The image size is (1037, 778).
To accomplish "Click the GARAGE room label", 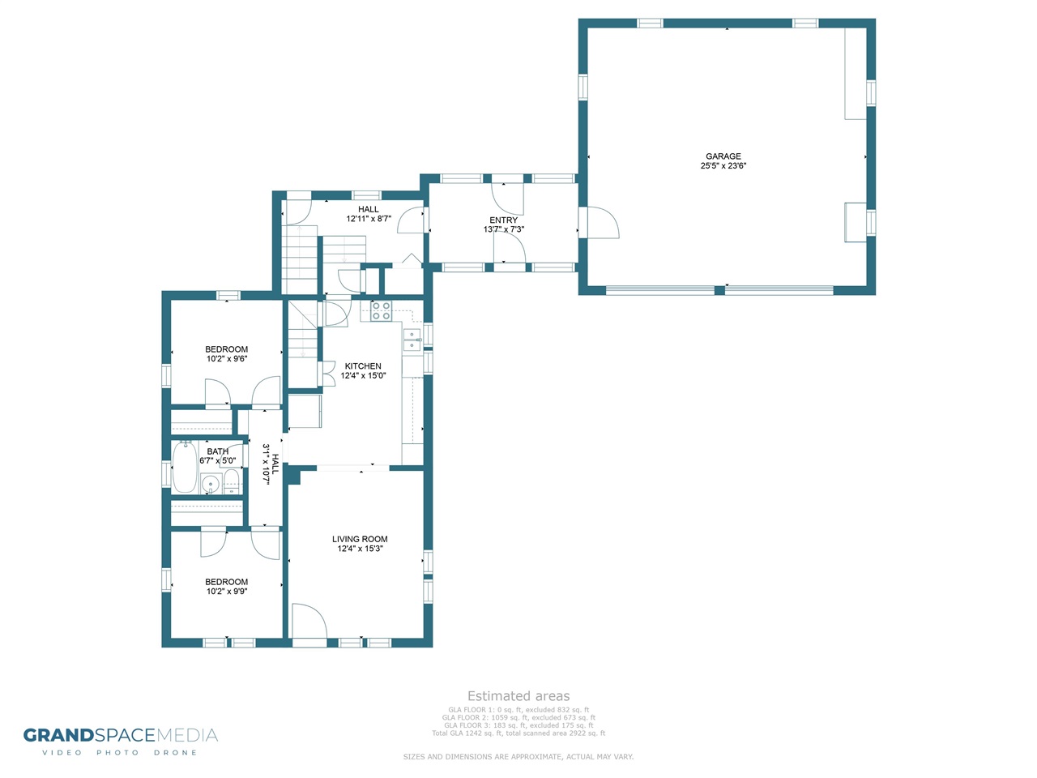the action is [x=723, y=156].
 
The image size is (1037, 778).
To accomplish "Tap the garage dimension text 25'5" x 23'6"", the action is [x=723, y=166].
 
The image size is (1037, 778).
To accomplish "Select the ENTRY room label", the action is [x=503, y=220].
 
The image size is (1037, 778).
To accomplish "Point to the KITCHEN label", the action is [x=363, y=366].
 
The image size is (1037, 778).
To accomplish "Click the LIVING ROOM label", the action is [x=360, y=539].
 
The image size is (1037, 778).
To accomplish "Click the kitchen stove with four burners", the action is [x=381, y=311].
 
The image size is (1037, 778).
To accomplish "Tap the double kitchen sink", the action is [x=412, y=340].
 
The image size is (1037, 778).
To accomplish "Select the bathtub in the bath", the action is [x=184, y=467].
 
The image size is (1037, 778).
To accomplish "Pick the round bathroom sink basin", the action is [x=209, y=484].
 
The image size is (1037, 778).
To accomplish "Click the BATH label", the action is [x=217, y=451].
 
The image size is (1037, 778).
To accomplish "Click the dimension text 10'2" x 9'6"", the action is [x=227, y=358].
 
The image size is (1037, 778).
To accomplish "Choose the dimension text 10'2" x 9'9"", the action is [x=227, y=591].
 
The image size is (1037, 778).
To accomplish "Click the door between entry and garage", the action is [x=599, y=223].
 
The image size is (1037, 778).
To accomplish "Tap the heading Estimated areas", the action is [x=518, y=696].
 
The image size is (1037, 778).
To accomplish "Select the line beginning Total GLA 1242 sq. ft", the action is [x=518, y=733].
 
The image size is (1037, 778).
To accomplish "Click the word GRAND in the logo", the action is [x=58, y=736].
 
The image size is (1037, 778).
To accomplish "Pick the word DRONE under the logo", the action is [x=175, y=753].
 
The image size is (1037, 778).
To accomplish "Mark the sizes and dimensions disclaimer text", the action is [x=518, y=757].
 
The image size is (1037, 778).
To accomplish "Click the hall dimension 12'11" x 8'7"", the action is [x=369, y=219].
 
